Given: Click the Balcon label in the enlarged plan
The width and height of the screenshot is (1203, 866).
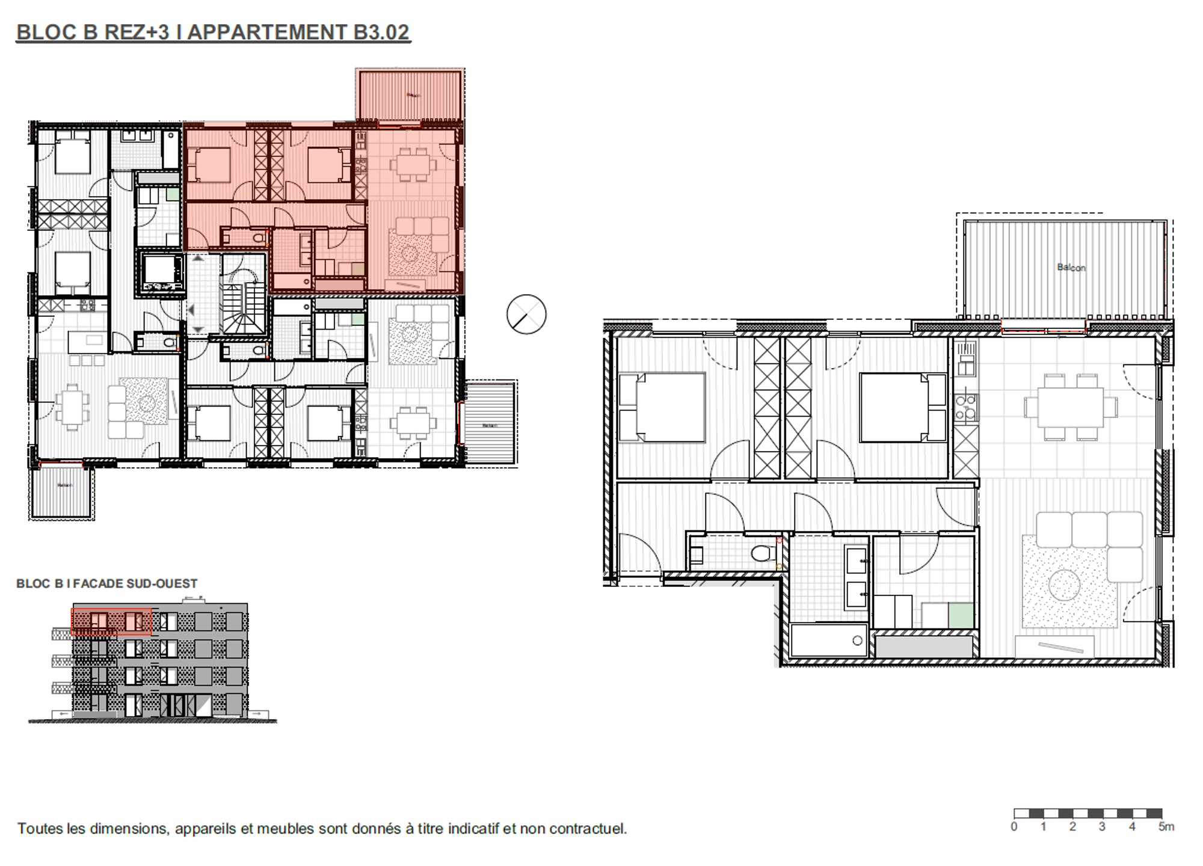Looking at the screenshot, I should point(1071,267).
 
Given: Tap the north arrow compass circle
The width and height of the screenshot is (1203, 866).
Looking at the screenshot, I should point(526,315).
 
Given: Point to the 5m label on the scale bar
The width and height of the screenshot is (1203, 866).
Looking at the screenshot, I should point(1166,827).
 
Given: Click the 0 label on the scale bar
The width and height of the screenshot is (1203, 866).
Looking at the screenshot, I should point(1014,827).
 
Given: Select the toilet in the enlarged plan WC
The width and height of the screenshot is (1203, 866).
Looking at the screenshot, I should point(763,552).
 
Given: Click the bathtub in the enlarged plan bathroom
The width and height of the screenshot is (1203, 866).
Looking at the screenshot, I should point(828,640).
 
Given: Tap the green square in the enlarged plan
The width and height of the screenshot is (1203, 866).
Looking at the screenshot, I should point(961,615).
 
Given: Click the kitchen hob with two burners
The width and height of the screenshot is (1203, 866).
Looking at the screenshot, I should point(966,407).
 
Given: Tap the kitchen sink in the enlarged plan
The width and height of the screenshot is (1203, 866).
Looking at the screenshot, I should point(966,361).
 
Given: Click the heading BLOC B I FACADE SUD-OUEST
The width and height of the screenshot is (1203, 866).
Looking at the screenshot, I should point(106,583).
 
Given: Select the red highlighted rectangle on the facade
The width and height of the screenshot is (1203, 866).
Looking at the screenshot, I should point(111,621).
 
